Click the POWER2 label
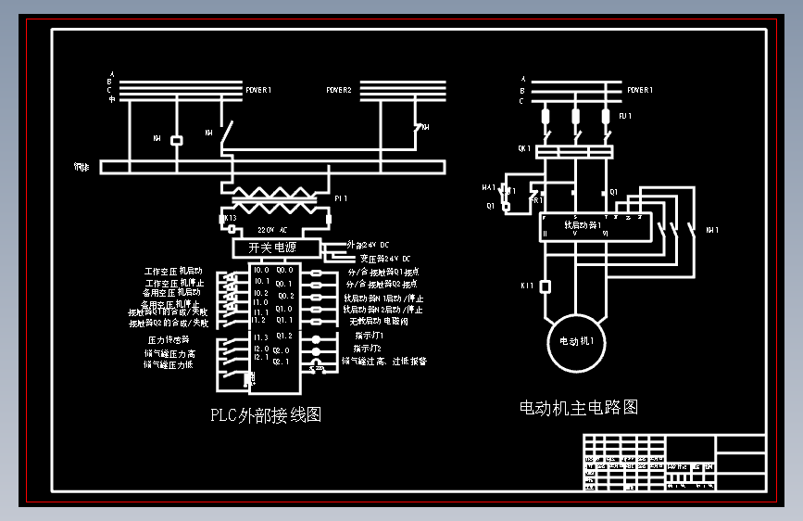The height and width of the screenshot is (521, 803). click(339, 90)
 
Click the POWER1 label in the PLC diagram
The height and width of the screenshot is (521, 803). click(258, 90)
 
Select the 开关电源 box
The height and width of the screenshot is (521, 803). click(272, 248)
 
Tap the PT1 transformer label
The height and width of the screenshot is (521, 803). click(341, 198)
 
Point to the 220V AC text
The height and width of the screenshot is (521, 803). click(273, 229)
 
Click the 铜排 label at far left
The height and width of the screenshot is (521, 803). click(82, 167)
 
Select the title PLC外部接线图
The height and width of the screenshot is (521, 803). click(266, 414)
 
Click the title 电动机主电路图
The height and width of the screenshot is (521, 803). click(578, 407)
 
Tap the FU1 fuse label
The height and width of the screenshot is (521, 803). click(625, 116)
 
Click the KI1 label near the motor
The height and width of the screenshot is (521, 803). click(527, 286)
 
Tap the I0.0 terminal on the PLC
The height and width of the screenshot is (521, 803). click(260, 271)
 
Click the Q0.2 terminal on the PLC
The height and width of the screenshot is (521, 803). click(284, 296)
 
